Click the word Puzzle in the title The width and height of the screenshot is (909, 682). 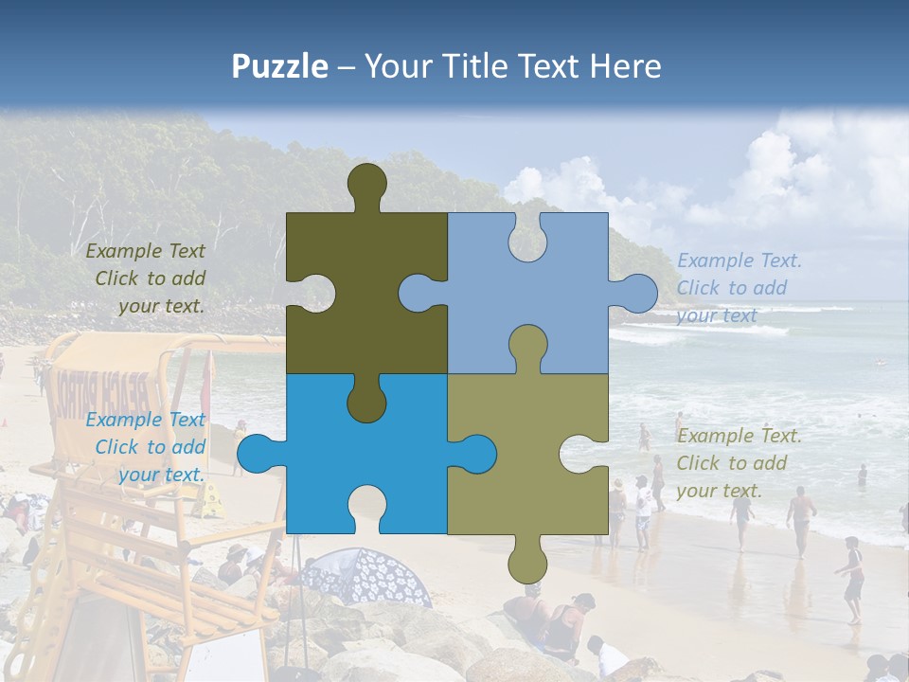(280, 66)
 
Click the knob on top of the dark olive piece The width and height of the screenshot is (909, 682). (366, 185)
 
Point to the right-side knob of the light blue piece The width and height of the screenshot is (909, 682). (636, 293)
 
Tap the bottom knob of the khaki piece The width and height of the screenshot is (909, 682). (527, 563)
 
